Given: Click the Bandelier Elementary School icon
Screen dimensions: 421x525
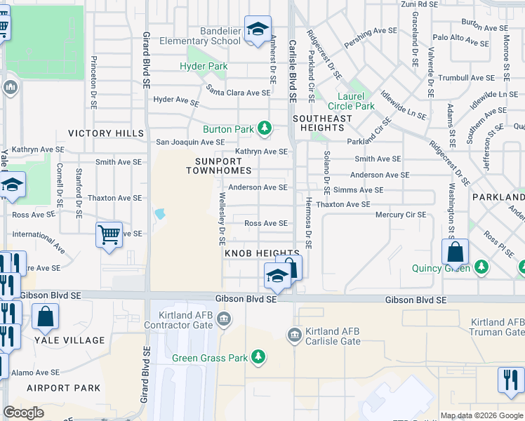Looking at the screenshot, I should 258,30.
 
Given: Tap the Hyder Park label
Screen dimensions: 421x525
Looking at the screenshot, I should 208,67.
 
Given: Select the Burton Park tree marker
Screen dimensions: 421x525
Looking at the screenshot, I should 265,128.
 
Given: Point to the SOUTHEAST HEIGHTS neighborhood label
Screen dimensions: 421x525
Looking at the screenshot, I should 322,123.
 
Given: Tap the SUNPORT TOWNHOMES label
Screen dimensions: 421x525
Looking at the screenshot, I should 218,166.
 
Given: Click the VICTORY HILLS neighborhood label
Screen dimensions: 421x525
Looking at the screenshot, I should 105,133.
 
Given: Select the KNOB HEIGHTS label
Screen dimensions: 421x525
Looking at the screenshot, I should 262,253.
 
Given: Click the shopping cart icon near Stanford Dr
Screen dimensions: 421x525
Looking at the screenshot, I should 109,235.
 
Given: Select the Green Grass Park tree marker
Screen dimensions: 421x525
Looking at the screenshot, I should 258,357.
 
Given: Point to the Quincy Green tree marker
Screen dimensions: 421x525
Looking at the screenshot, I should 481,267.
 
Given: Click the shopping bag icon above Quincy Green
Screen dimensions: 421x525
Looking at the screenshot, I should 455,251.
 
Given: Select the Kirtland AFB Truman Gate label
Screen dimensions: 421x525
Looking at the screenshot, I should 496,326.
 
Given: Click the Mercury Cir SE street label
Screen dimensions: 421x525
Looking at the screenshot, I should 401,215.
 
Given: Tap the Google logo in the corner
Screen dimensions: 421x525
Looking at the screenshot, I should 24,413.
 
